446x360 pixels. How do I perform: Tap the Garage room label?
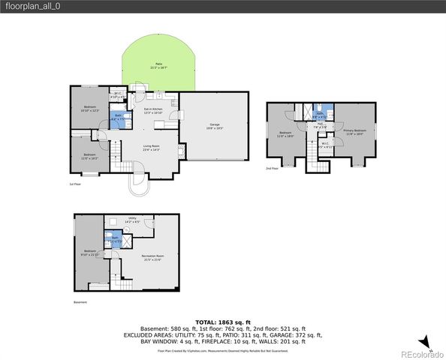pyautogui.click(x=214, y=126)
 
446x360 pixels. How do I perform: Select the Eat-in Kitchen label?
pyautogui.click(x=153, y=111)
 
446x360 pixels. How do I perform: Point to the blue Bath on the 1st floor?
pyautogui.click(x=118, y=116)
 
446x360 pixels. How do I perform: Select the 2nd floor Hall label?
pyautogui.click(x=318, y=127)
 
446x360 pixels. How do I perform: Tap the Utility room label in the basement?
pyautogui.click(x=131, y=220)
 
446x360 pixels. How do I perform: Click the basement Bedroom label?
pyautogui.click(x=90, y=253)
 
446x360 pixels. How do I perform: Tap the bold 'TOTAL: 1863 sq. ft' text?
pyautogui.click(x=222, y=320)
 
